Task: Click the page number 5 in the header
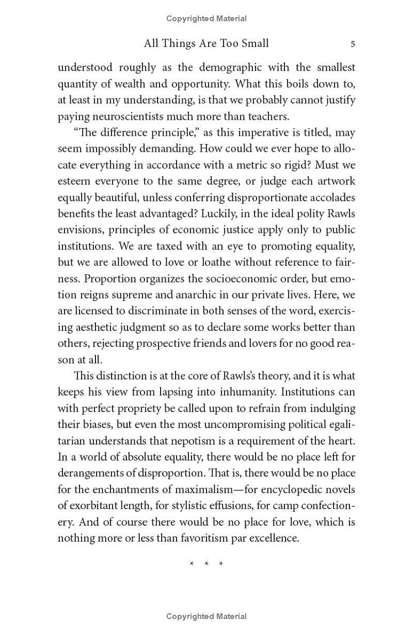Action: [x=353, y=44]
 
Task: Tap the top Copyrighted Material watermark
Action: [x=206, y=19]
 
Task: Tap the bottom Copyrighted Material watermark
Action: [x=206, y=616]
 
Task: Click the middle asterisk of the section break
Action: [x=206, y=564]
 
